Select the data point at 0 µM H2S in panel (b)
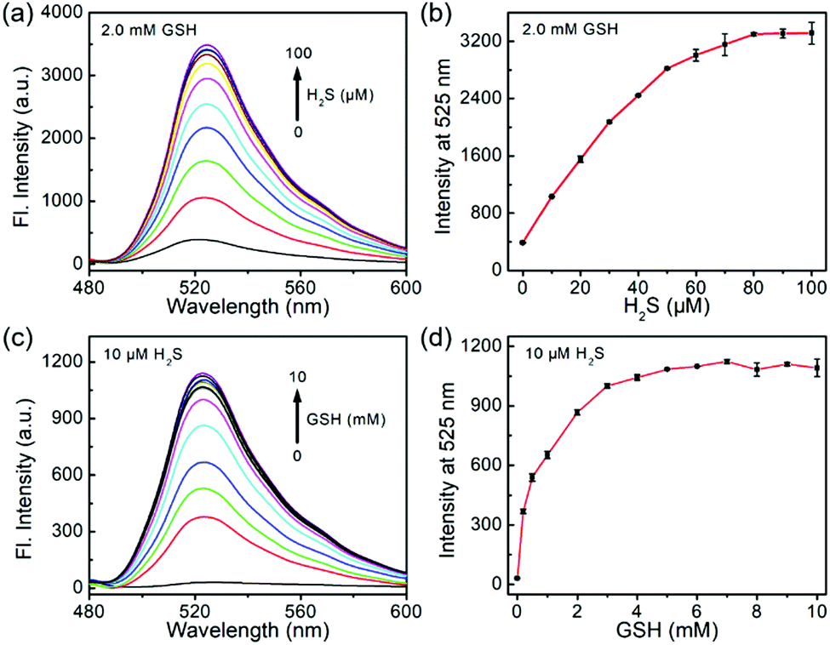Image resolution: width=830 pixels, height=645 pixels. (x=522, y=243)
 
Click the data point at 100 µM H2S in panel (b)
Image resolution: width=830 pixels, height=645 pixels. (x=811, y=33)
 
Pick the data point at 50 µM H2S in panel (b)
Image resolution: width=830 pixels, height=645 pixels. (x=667, y=68)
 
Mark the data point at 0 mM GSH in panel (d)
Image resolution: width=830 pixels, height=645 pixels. (x=517, y=579)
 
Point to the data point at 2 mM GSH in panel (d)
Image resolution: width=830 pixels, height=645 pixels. (x=577, y=412)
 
